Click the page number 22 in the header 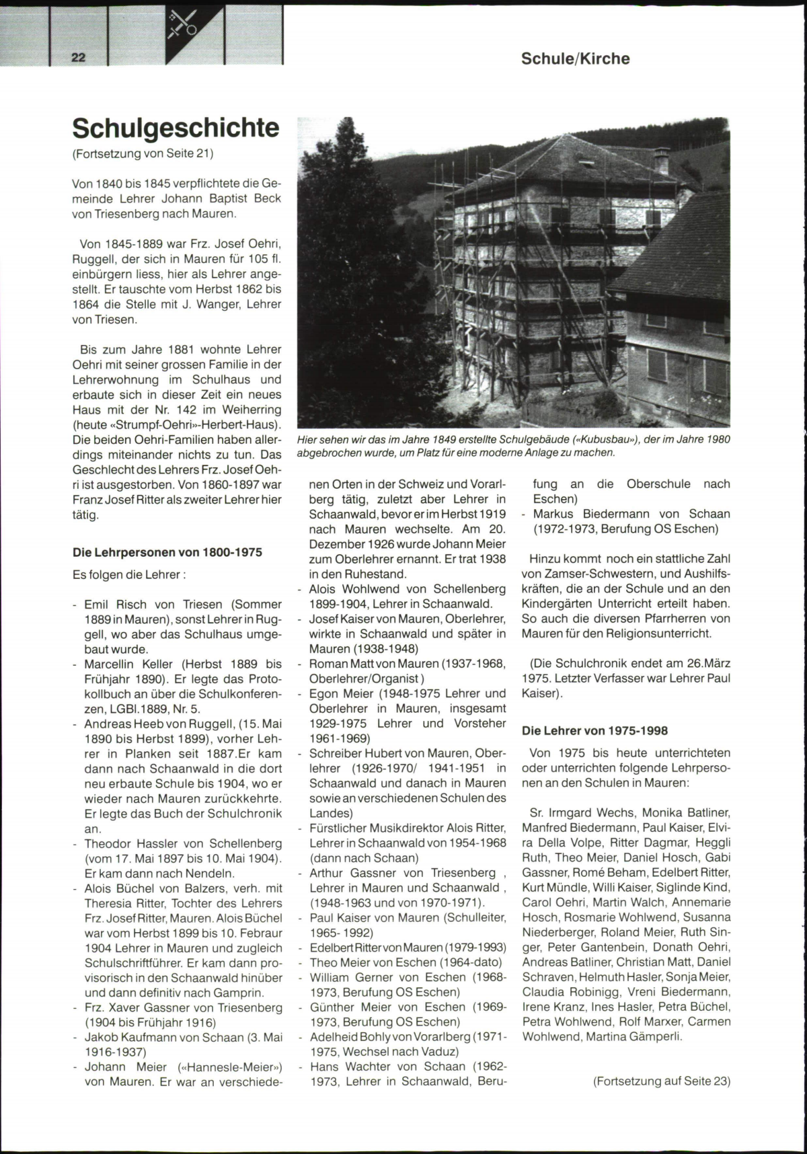[79, 57]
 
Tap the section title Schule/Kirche [575, 59]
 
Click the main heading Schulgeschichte [176, 128]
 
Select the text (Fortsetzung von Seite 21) [143, 153]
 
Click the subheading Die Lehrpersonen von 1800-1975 [167, 553]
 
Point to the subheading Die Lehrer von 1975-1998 [594, 730]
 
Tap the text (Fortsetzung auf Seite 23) [662, 1081]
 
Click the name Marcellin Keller [128, 664]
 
